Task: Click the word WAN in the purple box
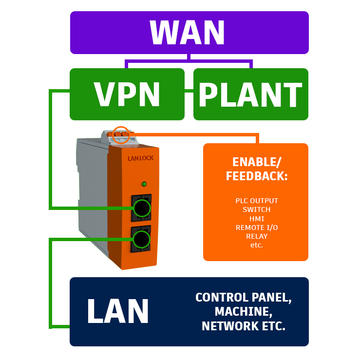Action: (188, 33)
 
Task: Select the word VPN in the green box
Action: (127, 94)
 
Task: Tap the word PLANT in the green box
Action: (250, 95)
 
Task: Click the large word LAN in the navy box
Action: (118, 311)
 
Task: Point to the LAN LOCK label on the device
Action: (140, 158)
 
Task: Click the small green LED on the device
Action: (144, 184)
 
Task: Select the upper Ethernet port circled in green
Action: (142, 208)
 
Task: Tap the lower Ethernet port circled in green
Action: (141, 239)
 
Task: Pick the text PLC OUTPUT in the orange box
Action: (256, 201)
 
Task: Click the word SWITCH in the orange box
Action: (256, 209)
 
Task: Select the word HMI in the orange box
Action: (256, 219)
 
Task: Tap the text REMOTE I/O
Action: (256, 227)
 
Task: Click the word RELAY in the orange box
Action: (256, 236)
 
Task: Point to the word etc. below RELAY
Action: (256, 245)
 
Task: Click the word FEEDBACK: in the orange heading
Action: (257, 176)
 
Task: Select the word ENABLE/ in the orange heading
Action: (257, 162)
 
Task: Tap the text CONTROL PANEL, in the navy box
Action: (244, 298)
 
